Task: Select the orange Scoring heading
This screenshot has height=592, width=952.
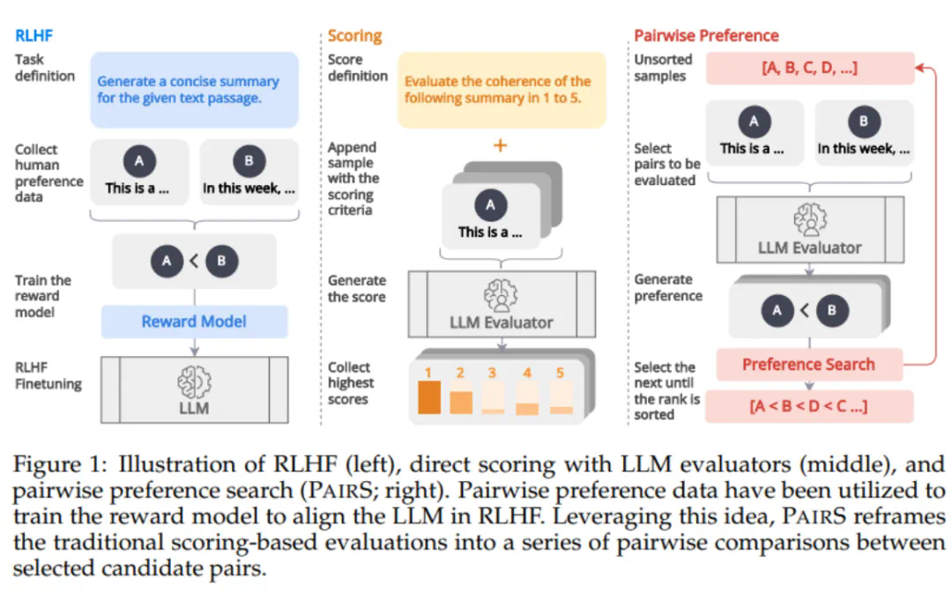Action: coord(354,36)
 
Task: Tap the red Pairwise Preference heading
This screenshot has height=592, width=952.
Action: coord(706,36)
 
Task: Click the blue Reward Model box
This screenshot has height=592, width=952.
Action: coord(194,322)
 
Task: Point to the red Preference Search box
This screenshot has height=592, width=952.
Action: coord(807,364)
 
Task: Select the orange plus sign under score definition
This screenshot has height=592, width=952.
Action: coord(501,145)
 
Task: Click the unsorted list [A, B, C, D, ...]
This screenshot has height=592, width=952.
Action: coord(808,68)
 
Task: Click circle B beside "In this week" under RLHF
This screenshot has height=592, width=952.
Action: coord(249,161)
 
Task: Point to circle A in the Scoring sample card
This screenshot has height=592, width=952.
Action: coord(491,206)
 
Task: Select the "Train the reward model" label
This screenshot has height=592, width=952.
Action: coord(43,297)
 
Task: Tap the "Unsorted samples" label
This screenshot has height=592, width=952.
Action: coord(663,68)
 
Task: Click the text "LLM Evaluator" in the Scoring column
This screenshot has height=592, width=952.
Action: coord(502,323)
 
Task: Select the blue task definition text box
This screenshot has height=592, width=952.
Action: coord(194,90)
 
